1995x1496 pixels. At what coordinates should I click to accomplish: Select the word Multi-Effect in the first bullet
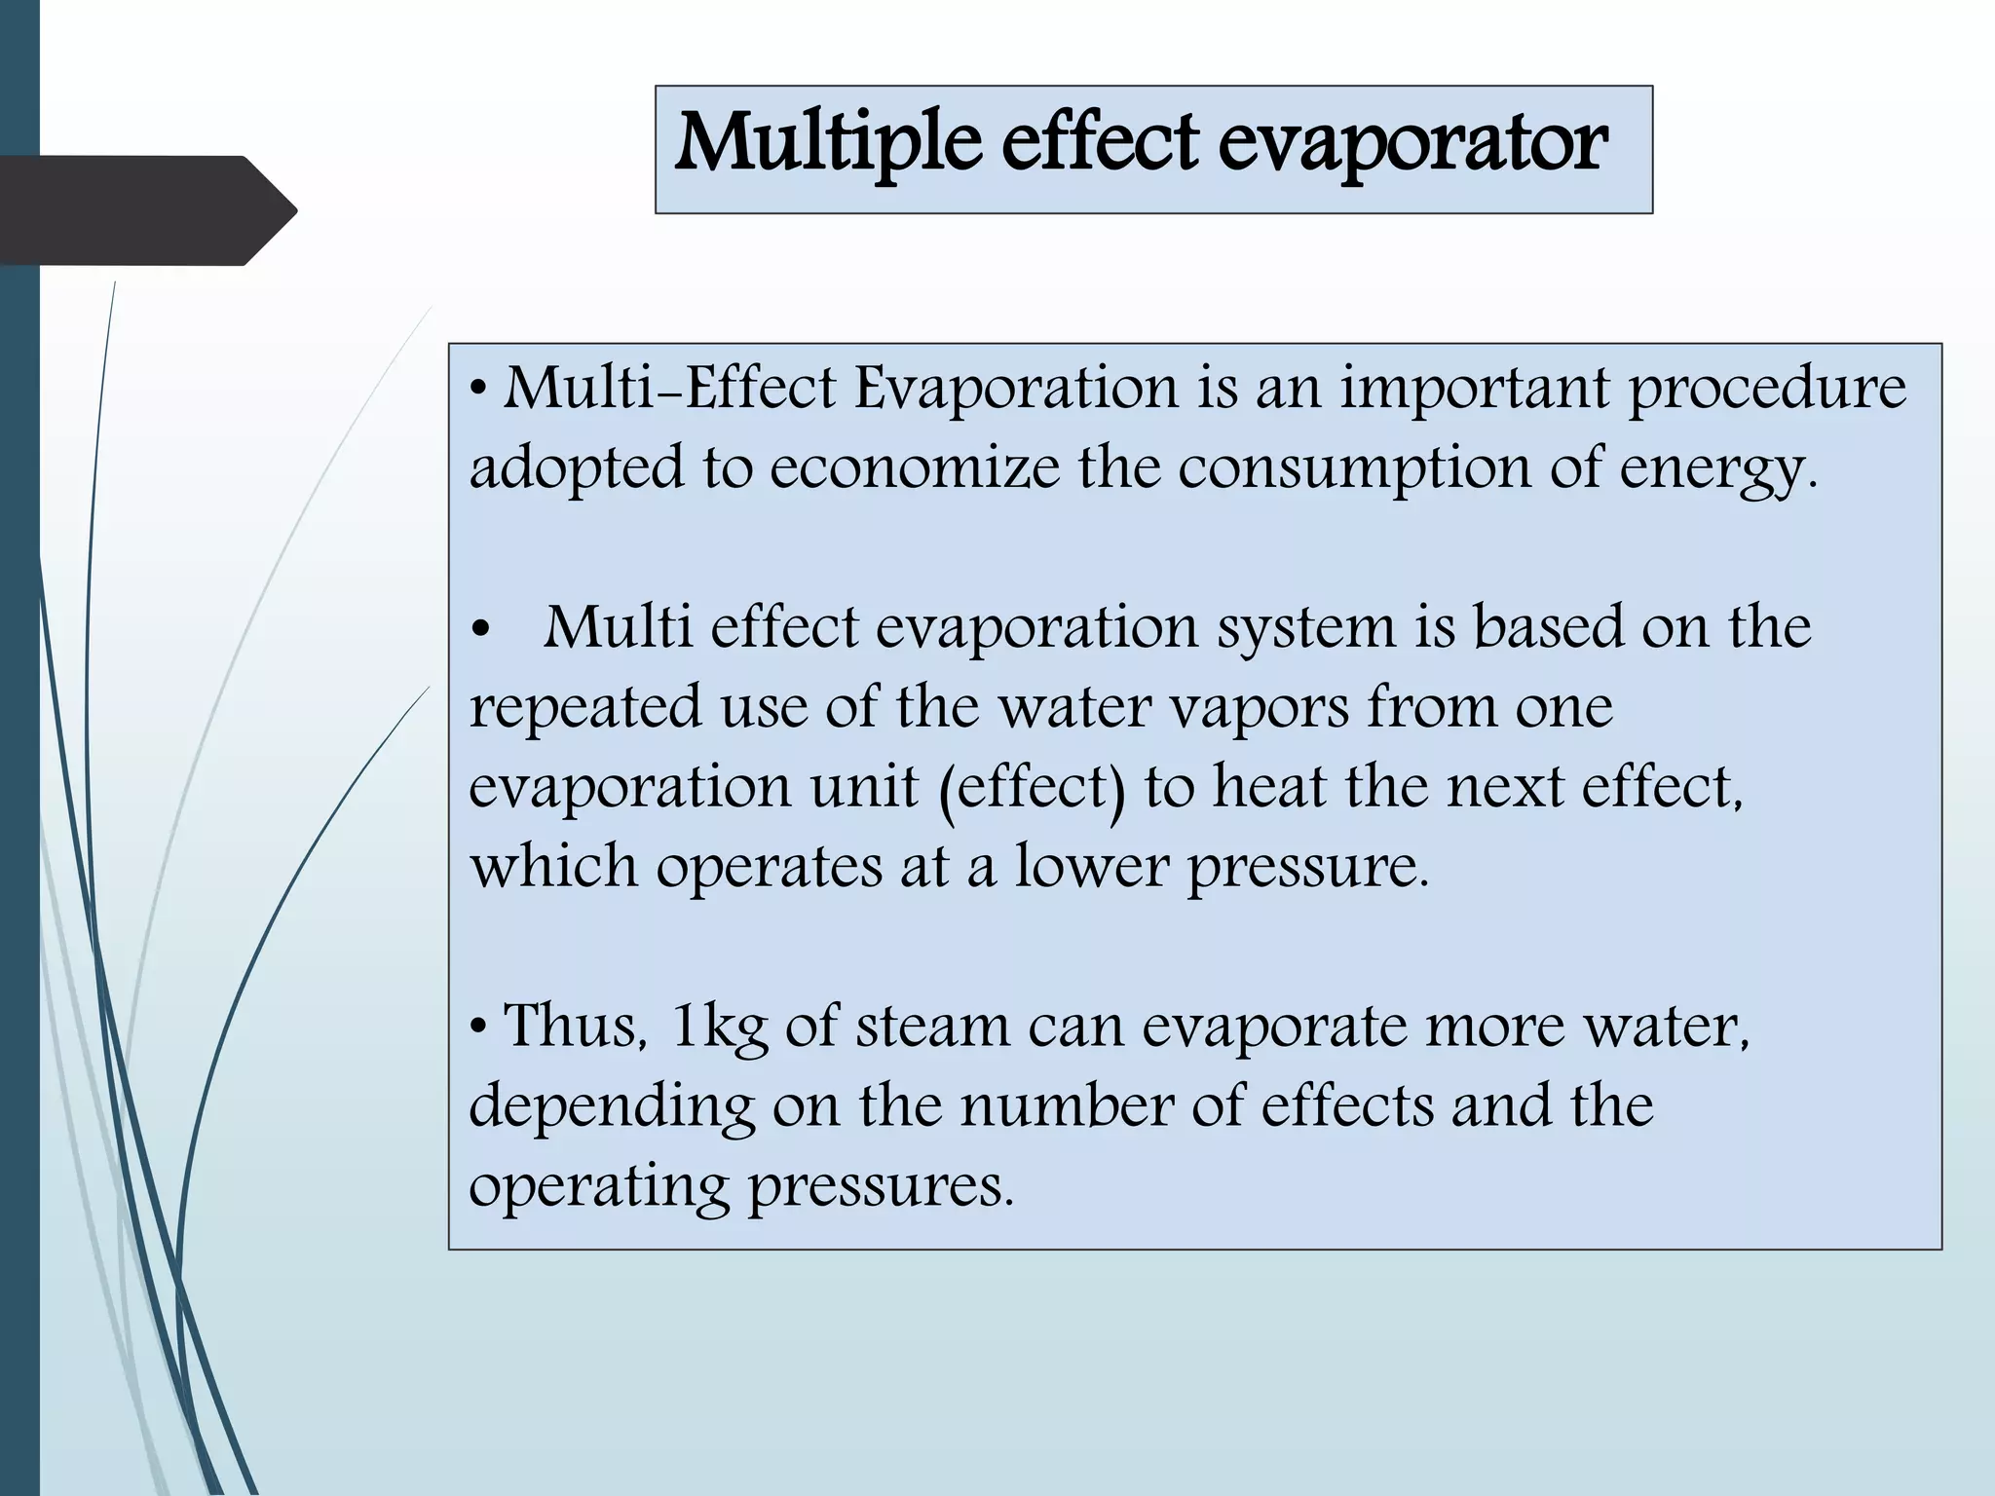[669, 389]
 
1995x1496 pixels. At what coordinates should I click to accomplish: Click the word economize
[914, 468]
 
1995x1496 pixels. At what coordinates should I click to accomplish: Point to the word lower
[1091, 866]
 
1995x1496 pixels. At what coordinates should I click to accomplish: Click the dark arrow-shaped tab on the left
[146, 210]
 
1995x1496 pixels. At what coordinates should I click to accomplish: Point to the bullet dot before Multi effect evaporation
[478, 628]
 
